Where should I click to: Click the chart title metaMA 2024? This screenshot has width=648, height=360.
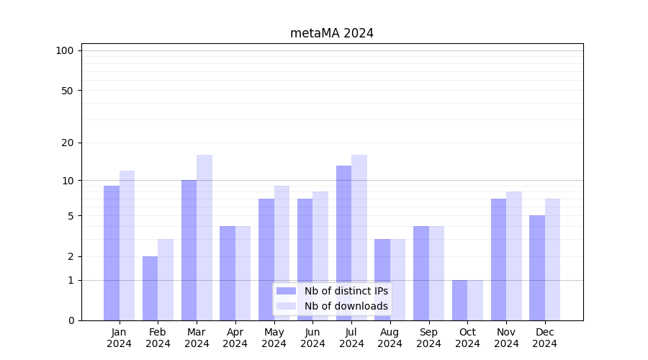[332, 33]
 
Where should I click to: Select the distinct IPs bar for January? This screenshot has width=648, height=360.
[112, 252]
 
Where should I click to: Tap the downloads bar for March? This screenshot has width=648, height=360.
[204, 238]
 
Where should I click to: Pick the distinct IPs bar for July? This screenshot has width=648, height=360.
[343, 243]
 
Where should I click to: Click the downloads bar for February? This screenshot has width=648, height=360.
[166, 279]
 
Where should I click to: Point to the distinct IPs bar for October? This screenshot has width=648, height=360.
[459, 300]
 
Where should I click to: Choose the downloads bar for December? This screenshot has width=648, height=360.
[552, 259]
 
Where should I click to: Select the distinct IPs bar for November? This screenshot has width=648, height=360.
[498, 259]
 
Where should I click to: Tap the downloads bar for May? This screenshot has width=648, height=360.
[282, 252]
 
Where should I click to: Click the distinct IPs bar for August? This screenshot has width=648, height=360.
[382, 279]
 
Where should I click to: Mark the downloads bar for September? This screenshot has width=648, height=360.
[436, 273]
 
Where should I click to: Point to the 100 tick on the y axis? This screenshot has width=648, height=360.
[65, 50]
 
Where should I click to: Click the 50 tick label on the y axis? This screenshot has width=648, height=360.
[67, 91]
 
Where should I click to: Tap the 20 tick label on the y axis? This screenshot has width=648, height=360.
[67, 143]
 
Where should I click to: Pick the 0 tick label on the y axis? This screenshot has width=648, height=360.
[71, 320]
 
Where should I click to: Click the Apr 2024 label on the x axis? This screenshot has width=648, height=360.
[235, 338]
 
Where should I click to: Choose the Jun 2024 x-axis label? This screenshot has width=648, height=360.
[312, 338]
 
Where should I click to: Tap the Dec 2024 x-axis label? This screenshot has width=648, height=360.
[544, 338]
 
